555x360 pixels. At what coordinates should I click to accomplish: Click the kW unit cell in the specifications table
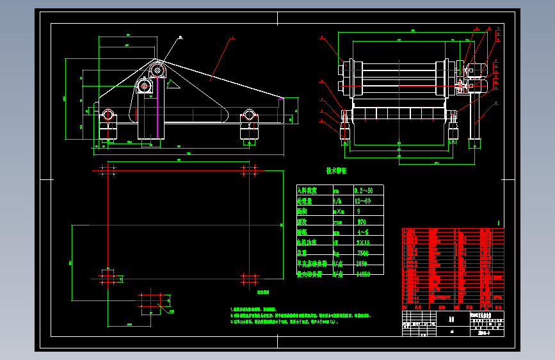coord(337,243)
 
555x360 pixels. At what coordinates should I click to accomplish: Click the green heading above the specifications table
coord(336,172)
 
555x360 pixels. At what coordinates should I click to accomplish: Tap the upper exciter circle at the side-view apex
coord(157,70)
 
